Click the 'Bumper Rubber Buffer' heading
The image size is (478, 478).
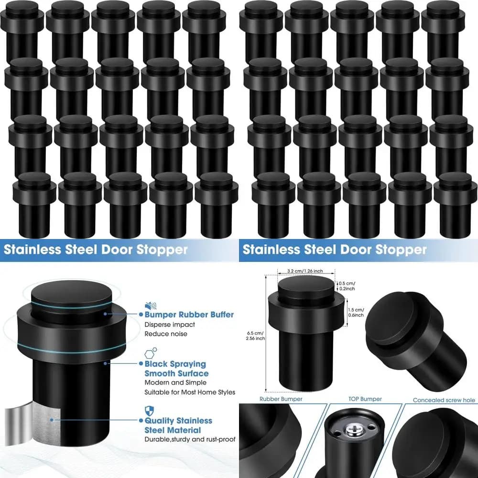click(x=189, y=315)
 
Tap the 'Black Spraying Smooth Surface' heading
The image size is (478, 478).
click(x=176, y=369)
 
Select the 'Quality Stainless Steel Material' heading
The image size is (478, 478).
click(x=178, y=425)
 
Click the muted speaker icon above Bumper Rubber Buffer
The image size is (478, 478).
click(x=151, y=305)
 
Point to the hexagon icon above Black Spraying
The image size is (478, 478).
click(x=151, y=353)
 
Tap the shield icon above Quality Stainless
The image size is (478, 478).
click(x=149, y=411)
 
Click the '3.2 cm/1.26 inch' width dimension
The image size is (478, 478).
click(x=305, y=271)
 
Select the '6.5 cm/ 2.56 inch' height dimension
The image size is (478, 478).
click(x=255, y=336)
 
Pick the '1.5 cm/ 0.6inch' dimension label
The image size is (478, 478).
click(x=356, y=313)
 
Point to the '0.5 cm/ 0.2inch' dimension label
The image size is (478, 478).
click(x=347, y=286)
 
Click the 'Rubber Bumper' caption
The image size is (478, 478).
click(x=281, y=399)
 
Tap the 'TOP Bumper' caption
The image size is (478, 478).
click(x=365, y=399)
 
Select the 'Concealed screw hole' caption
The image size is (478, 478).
click(x=444, y=400)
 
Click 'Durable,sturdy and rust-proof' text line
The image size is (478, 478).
click(x=190, y=439)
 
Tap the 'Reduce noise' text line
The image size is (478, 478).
click(x=166, y=334)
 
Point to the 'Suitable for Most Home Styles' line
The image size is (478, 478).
click(x=190, y=392)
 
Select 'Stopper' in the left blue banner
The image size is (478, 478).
click(x=162, y=250)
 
